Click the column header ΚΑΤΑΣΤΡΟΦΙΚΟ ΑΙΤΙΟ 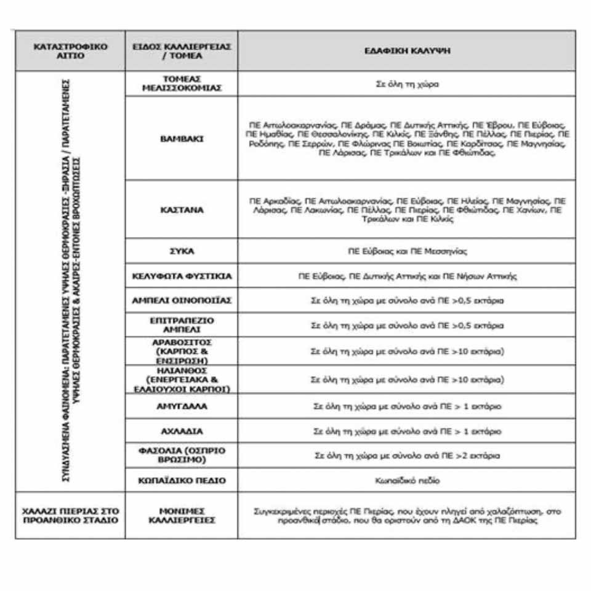[x=71, y=50]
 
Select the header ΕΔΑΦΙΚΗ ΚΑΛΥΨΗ [x=407, y=50]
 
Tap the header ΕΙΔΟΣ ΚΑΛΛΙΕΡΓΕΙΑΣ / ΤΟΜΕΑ [x=182, y=50]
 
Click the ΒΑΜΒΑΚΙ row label [x=182, y=139]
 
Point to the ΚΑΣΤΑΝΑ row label [x=182, y=209]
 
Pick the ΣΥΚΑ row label [x=182, y=251]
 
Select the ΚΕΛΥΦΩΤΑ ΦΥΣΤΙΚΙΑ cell [x=182, y=276]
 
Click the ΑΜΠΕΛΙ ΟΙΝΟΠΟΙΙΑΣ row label [x=182, y=300]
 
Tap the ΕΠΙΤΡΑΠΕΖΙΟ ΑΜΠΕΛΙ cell [x=182, y=324]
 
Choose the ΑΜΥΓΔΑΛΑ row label [x=182, y=406]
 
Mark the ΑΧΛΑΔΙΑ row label [x=182, y=431]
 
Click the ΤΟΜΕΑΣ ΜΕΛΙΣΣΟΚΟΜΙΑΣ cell [x=182, y=84]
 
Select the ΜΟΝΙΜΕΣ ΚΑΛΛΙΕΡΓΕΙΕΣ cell [x=182, y=515]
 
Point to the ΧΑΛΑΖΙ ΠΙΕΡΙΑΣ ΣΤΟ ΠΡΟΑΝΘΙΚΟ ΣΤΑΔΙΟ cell [x=71, y=515]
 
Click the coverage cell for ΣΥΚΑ [x=407, y=251]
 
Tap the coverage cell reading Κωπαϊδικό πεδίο [x=407, y=480]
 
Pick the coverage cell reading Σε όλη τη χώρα [x=407, y=84]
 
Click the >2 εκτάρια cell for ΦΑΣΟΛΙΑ [x=407, y=456]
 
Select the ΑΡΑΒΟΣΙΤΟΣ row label [x=182, y=351]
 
